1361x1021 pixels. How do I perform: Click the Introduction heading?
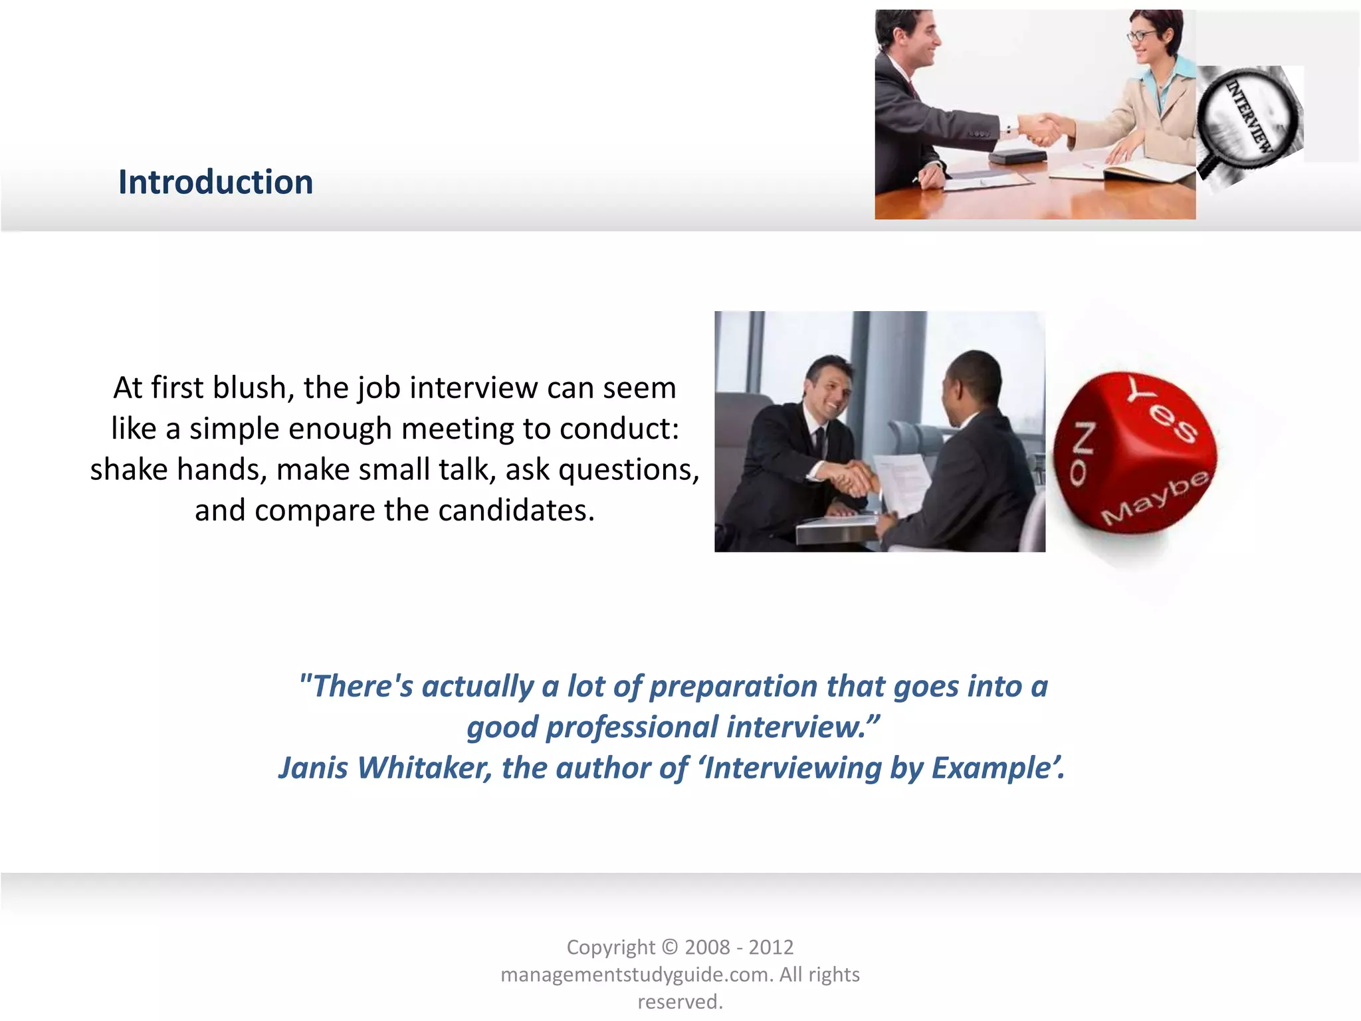(215, 182)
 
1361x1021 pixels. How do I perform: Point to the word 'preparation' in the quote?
(733, 686)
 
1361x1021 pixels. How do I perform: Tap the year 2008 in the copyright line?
(708, 947)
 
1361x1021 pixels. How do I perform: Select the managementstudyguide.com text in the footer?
(636, 974)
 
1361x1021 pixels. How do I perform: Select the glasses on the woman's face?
(1140, 35)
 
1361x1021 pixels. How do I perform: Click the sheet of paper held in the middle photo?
(900, 483)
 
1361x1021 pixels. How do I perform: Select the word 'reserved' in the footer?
(679, 1002)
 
